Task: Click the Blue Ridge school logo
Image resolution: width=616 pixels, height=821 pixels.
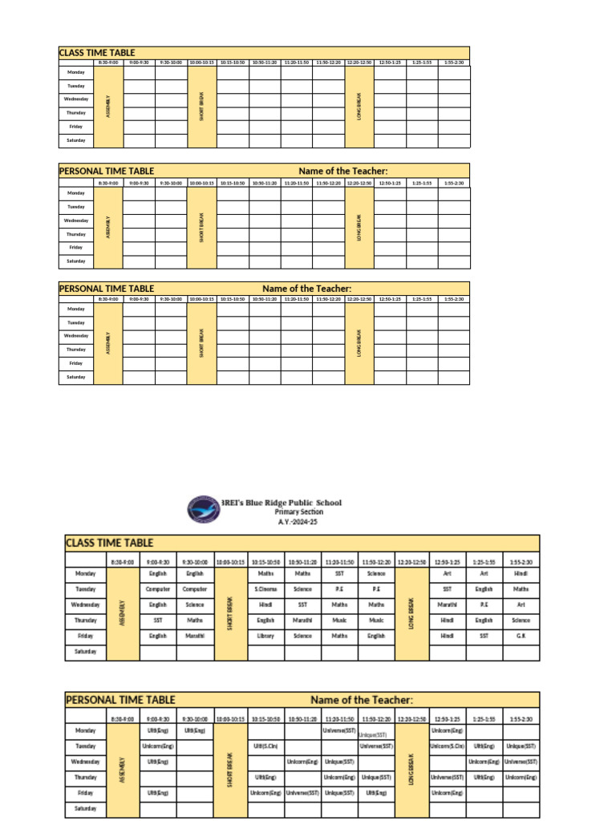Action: [x=203, y=508]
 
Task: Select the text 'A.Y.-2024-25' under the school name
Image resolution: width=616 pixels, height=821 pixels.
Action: [x=292, y=521]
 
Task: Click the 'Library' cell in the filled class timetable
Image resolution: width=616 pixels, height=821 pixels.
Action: [x=265, y=636]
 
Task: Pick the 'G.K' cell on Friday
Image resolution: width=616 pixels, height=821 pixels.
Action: [x=521, y=636]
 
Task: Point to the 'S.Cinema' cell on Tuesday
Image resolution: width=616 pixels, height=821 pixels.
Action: [x=265, y=589]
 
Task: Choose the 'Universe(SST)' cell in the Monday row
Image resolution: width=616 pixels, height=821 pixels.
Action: [x=339, y=730]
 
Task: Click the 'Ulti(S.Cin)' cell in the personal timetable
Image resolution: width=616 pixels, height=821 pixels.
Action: [x=265, y=746]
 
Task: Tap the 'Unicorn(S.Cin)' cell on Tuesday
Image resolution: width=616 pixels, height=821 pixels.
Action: [x=447, y=746]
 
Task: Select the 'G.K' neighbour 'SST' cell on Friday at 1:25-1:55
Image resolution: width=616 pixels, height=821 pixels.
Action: [x=484, y=636]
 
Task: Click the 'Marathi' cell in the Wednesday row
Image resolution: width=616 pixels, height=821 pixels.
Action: [x=447, y=605]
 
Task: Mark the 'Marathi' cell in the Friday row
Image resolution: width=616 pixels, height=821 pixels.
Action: [x=195, y=636]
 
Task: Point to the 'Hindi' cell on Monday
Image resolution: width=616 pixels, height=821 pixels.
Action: [x=521, y=574]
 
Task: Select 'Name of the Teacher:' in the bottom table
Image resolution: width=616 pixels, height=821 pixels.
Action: [x=361, y=700]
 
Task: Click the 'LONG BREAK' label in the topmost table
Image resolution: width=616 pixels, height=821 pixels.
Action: [x=359, y=107]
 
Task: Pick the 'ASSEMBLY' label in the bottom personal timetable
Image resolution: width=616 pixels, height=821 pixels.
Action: [x=122, y=770]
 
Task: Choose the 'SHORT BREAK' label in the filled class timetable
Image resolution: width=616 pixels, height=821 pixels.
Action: [x=229, y=613]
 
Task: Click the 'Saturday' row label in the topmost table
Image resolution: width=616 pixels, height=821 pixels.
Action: [x=75, y=140]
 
